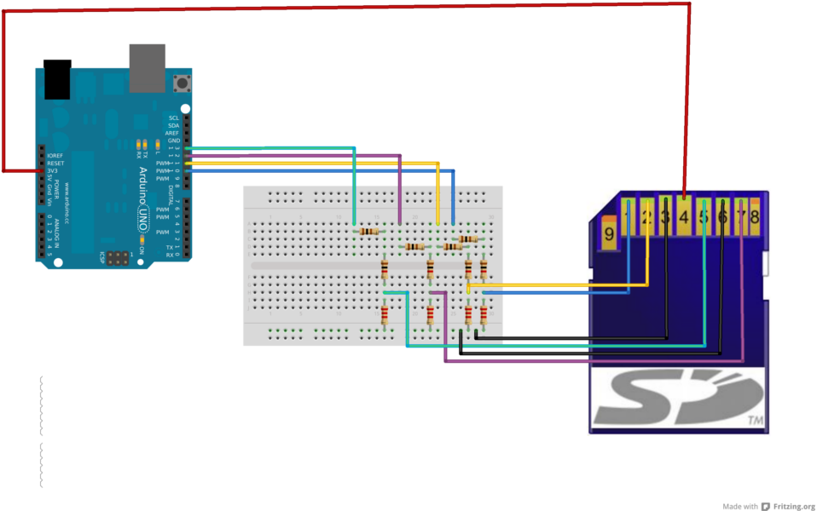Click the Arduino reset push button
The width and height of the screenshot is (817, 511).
182,83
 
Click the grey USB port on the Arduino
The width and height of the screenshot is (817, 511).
146,67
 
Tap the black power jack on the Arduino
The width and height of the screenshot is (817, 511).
57,78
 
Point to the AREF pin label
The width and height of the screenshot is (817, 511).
173,133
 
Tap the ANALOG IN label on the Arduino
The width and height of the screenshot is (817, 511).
58,228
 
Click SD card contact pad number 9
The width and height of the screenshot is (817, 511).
609,233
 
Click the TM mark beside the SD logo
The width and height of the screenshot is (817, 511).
754,421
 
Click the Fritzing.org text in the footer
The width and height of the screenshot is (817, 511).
793,506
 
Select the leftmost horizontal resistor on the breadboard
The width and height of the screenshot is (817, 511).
369,231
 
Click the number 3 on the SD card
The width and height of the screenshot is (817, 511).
666,218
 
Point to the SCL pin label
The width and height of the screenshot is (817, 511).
174,118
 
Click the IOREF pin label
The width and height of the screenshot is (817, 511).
55,156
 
